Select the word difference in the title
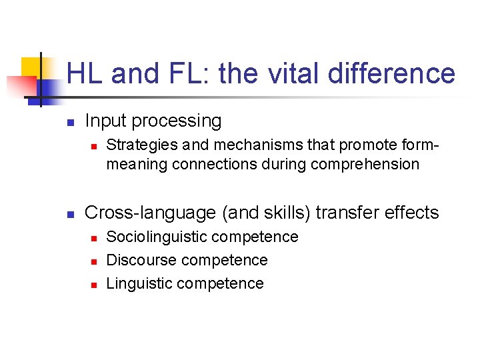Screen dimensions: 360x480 392,73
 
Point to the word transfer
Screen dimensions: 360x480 345,213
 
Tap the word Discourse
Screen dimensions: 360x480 141,260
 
